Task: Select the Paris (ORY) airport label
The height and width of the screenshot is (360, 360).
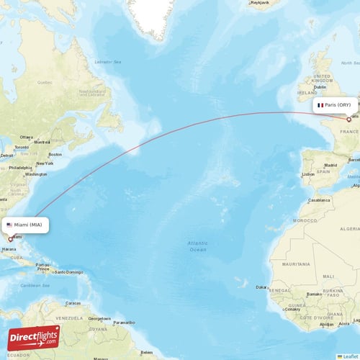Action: click(x=335, y=105)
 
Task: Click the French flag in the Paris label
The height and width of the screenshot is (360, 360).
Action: click(x=320, y=105)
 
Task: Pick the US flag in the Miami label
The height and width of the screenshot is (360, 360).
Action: click(x=9, y=225)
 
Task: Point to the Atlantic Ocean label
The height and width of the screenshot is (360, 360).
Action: click(x=198, y=247)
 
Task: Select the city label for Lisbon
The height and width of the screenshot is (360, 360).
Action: click(x=308, y=174)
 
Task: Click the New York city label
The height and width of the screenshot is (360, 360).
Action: click(x=45, y=163)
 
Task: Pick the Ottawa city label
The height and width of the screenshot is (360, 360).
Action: click(x=27, y=137)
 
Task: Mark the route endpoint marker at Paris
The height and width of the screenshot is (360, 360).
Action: click(x=348, y=120)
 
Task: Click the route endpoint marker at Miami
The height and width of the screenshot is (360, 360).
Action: click(x=10, y=239)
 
